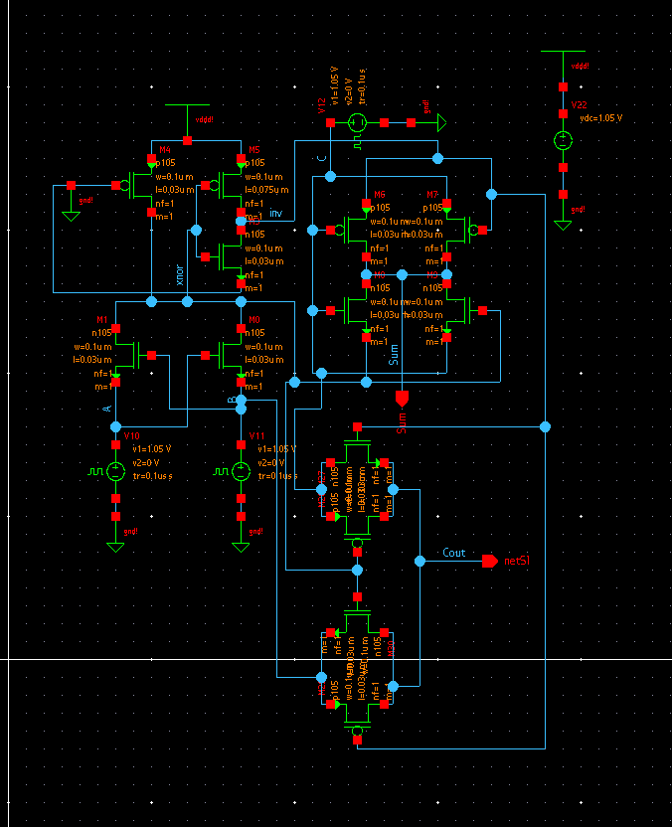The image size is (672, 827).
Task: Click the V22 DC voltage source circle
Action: (563, 141)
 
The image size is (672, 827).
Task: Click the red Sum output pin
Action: (402, 399)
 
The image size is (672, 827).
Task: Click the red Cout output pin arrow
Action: (489, 562)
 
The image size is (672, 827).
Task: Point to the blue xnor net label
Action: (179, 274)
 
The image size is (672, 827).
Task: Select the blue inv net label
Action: (275, 214)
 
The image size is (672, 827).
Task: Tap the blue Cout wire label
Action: (453, 553)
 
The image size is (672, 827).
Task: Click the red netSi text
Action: (516, 562)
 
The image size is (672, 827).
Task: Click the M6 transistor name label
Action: (379, 195)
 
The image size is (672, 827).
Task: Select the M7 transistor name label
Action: (432, 195)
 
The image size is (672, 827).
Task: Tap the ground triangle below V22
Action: (563, 225)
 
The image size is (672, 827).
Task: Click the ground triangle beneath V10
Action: (116, 546)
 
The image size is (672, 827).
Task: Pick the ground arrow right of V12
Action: (442, 122)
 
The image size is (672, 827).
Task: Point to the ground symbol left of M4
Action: (71, 214)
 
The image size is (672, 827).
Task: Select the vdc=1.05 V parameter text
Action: (600, 118)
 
